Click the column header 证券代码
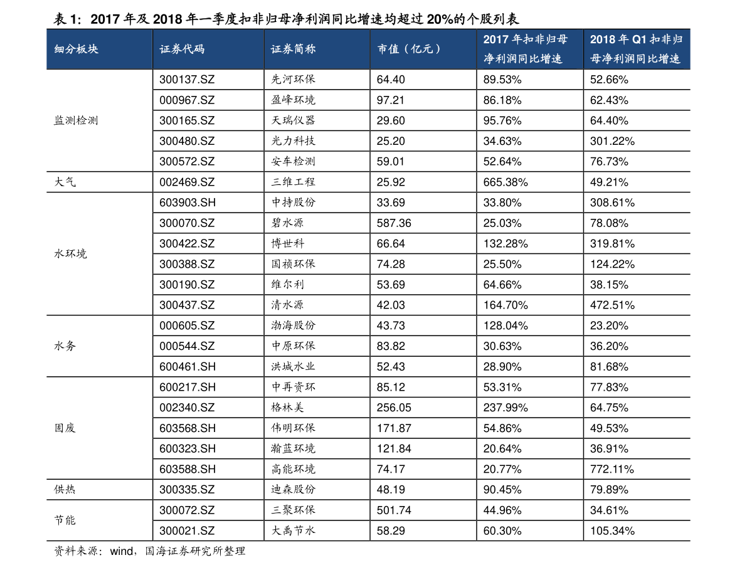181,49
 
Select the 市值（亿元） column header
409,49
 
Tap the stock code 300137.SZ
187,80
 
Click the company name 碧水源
287,223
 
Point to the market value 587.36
393,223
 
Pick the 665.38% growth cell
506,182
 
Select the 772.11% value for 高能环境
612,469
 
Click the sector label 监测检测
76,120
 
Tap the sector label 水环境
70,254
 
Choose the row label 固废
65,428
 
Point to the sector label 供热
65,490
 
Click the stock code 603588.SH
188,469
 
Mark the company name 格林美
287,408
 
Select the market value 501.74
393,510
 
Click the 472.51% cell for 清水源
612,305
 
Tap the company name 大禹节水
293,530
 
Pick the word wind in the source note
122,551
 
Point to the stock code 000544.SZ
187,346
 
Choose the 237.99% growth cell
506,408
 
